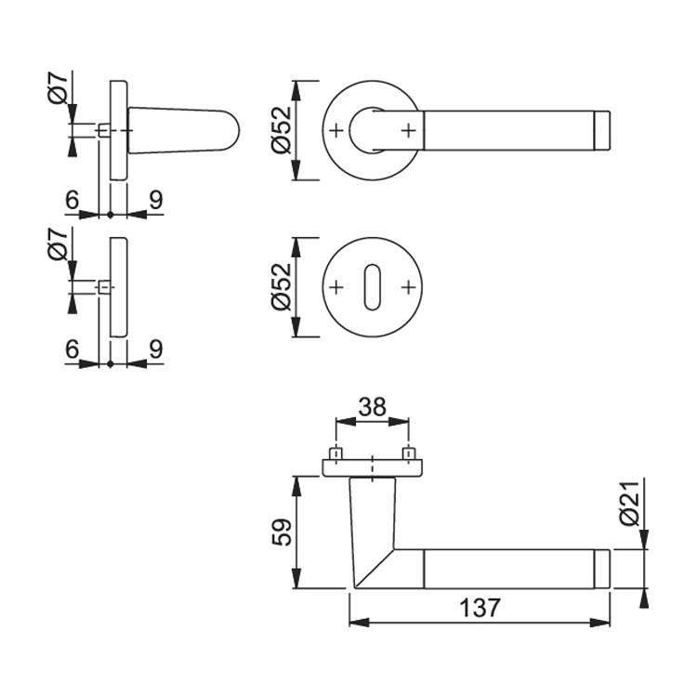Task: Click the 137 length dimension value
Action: [x=480, y=608]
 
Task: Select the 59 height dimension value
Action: [x=281, y=533]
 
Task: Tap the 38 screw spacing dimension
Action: [x=373, y=407]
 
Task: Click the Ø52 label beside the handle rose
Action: [x=281, y=131]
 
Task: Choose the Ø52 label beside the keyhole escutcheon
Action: [x=281, y=287]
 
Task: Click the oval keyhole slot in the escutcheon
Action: [x=372, y=287]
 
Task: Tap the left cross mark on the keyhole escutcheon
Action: [x=336, y=287]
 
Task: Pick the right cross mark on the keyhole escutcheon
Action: [x=408, y=287]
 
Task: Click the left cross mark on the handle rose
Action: [x=336, y=131]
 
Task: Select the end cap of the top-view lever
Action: [x=602, y=131]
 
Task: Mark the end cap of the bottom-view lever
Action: [x=602, y=569]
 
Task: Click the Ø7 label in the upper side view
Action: [x=58, y=89]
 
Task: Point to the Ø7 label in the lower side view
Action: [x=58, y=245]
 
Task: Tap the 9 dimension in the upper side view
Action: [x=156, y=200]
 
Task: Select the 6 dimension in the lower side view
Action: [x=72, y=348]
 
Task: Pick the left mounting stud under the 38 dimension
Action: [x=336, y=454]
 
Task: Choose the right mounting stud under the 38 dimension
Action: [x=409, y=454]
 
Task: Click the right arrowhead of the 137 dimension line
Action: [x=600, y=623]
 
